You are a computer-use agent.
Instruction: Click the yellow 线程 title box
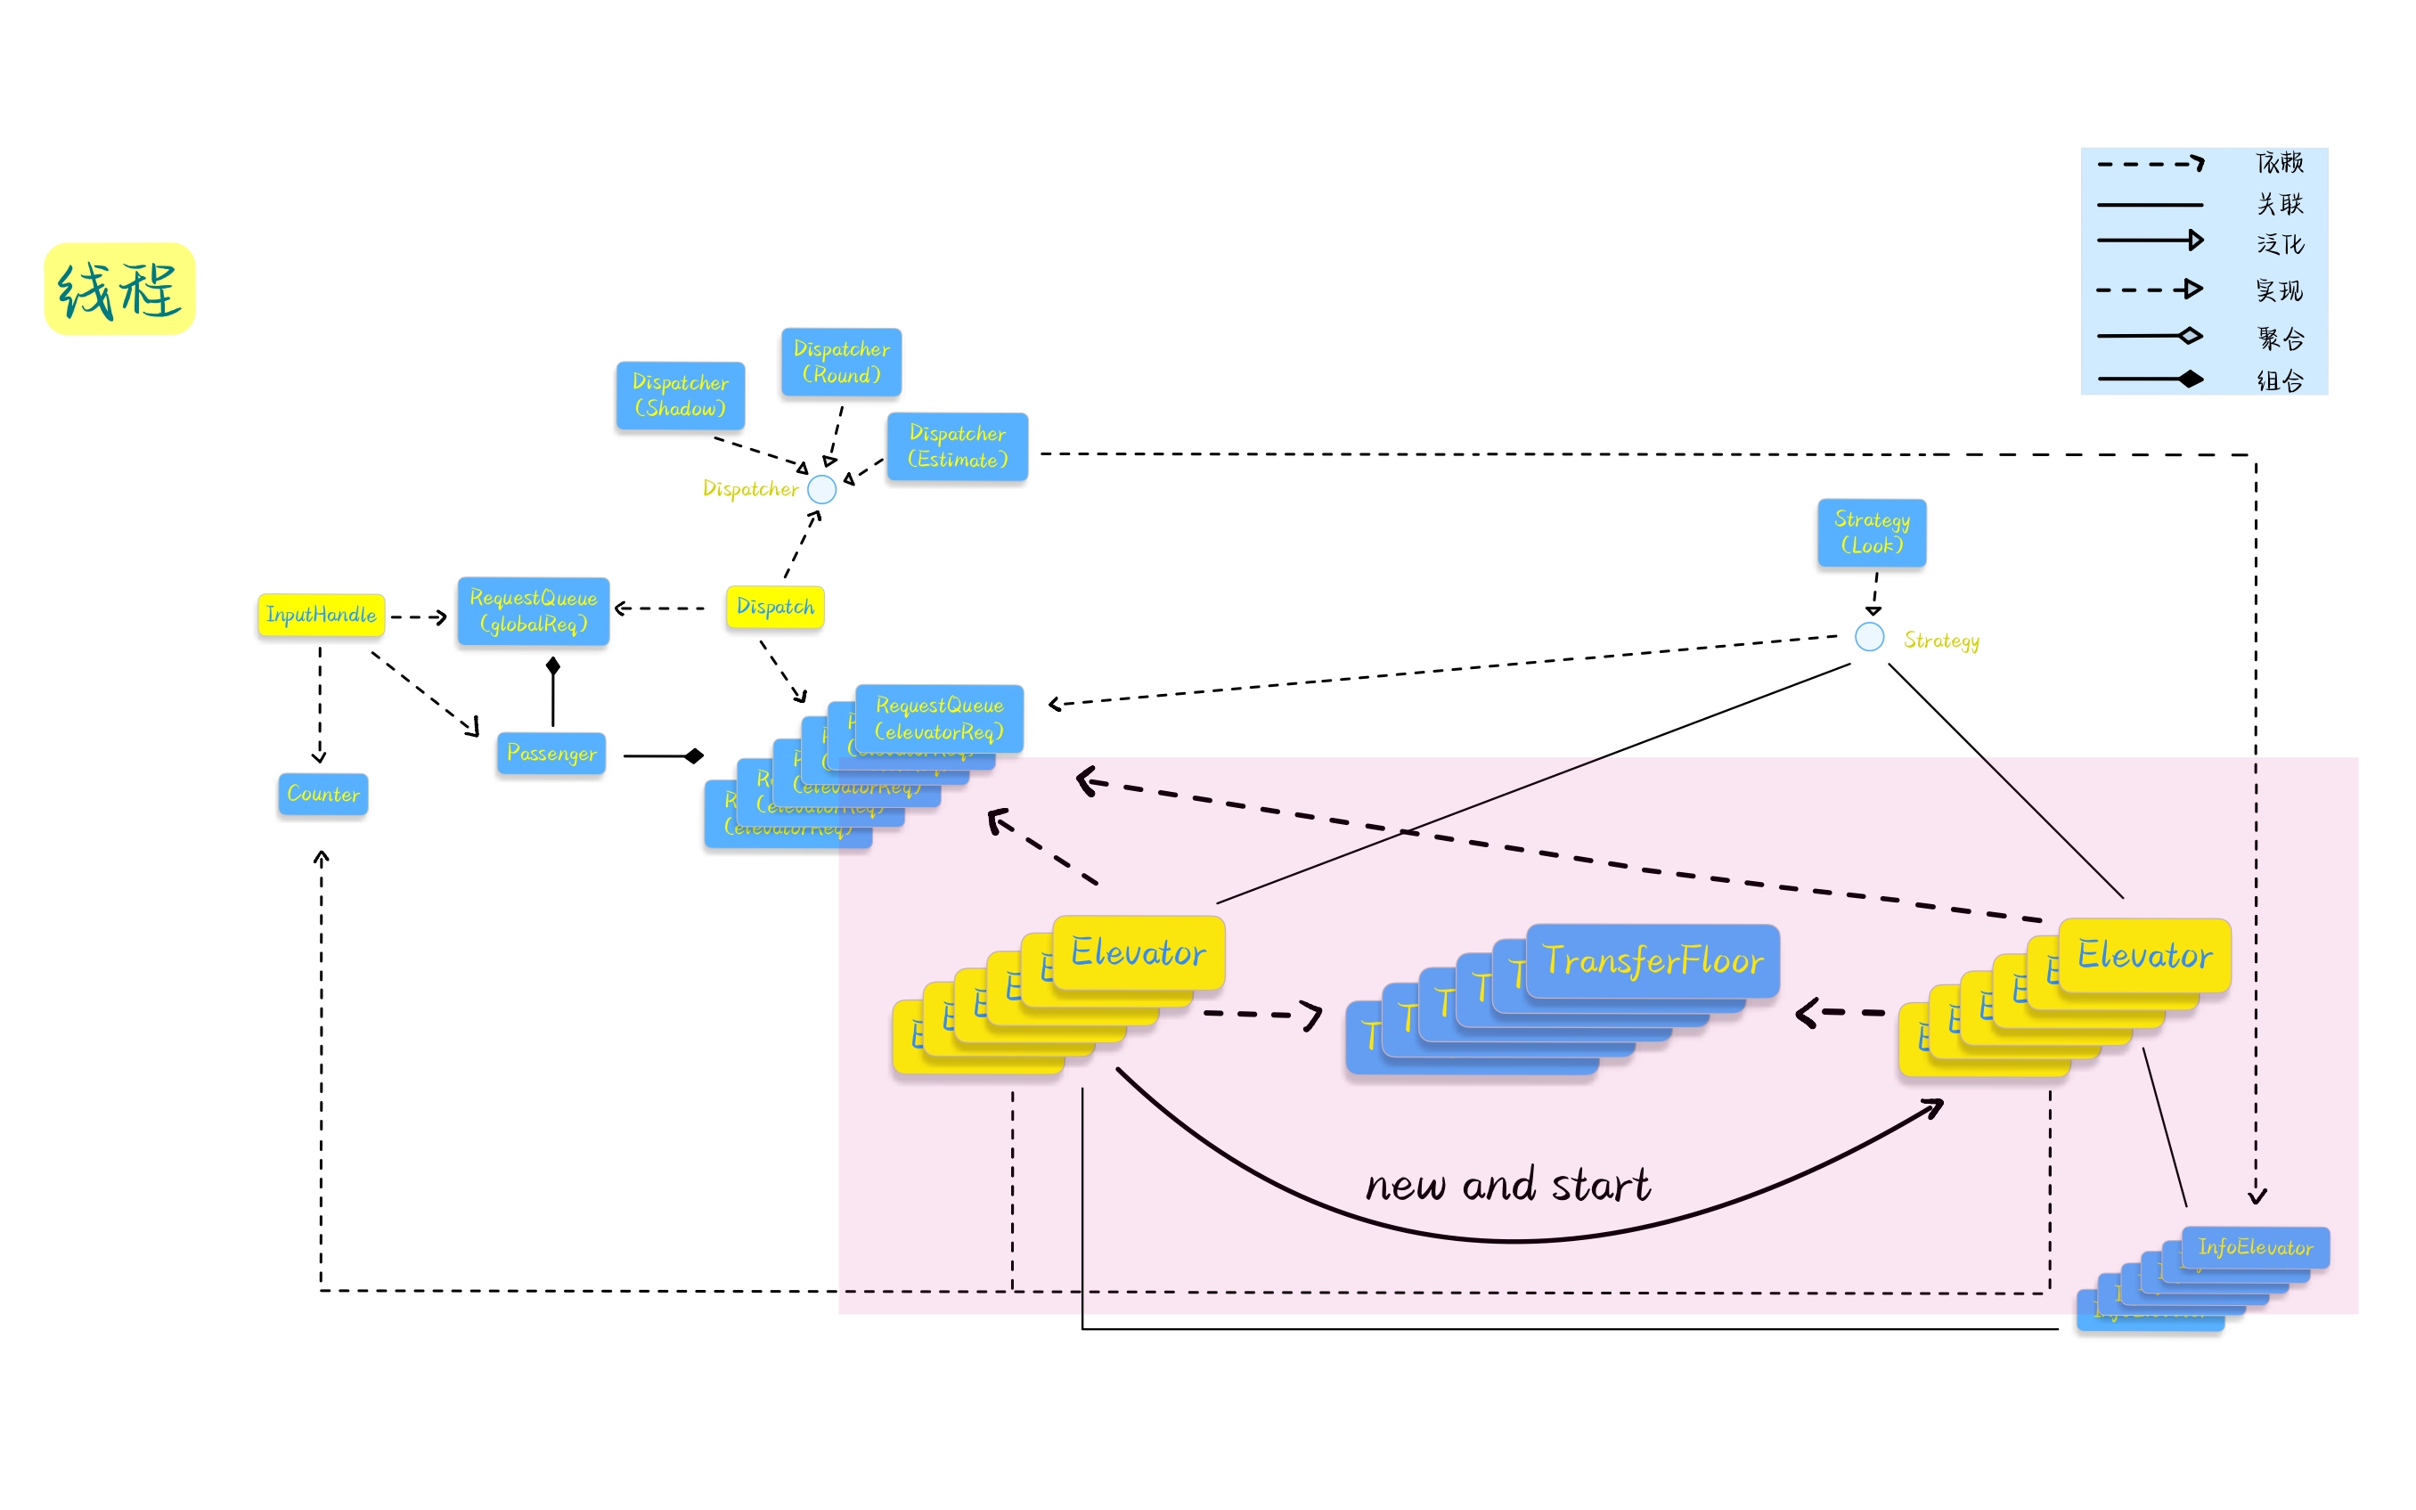[119, 289]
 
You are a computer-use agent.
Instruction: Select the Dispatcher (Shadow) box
[680, 396]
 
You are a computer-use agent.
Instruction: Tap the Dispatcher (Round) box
[841, 363]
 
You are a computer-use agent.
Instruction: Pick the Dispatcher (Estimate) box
[957, 446]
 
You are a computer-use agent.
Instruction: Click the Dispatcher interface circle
[821, 489]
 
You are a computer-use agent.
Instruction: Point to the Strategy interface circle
[1869, 637]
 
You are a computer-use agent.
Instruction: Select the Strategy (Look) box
[1871, 533]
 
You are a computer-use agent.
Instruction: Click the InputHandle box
[321, 614]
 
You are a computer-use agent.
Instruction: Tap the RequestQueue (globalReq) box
[533, 610]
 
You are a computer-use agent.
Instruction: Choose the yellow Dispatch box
[775, 606]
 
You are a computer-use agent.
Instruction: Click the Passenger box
[551, 753]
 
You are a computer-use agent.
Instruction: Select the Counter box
[322, 794]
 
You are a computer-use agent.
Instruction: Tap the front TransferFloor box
[1653, 960]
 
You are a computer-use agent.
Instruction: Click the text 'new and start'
[1507, 1186]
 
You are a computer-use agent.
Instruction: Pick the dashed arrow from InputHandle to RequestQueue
[419, 617]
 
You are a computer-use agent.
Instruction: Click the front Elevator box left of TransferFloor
[1139, 952]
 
